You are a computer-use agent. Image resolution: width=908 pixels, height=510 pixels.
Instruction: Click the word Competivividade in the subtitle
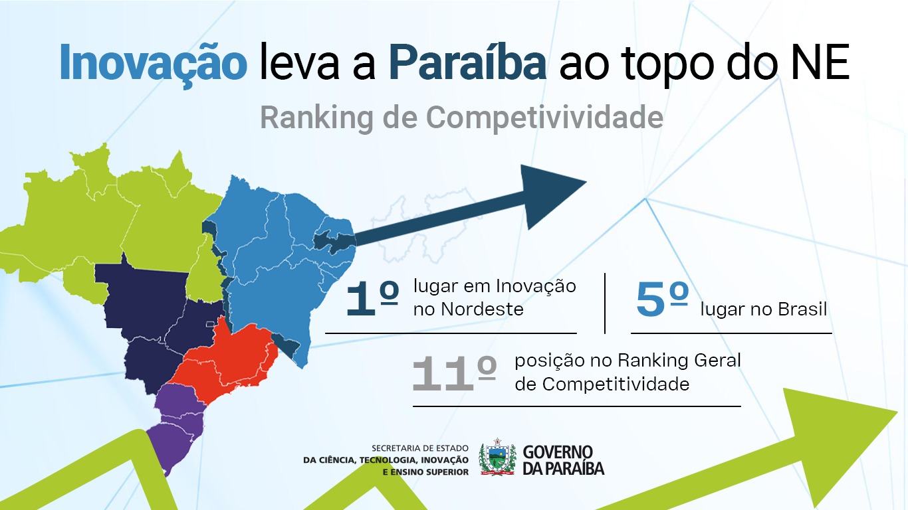544,118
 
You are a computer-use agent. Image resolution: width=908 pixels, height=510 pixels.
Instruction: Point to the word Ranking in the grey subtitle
316,118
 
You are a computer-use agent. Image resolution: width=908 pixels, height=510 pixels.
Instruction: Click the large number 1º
372,298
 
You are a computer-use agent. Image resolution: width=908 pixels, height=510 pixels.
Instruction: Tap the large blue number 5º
662,299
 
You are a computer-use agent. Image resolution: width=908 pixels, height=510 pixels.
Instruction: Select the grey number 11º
454,373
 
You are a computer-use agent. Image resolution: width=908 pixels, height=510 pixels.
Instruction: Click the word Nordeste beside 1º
482,309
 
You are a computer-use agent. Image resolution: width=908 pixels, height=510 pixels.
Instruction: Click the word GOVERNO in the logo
558,452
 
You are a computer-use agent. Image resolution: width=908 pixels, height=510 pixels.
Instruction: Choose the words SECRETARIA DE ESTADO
420,448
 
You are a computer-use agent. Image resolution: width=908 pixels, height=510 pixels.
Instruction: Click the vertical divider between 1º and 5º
605,303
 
